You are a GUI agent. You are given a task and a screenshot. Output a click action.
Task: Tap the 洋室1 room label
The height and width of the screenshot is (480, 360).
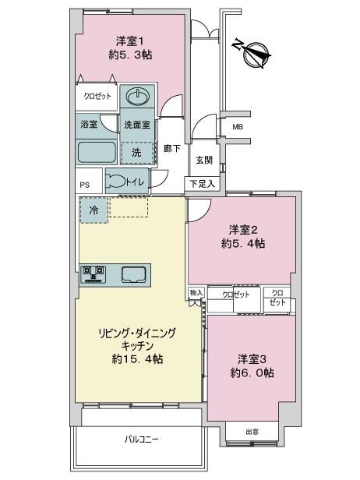(x=130, y=41)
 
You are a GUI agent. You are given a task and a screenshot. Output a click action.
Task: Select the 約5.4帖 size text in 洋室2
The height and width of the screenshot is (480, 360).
(x=243, y=244)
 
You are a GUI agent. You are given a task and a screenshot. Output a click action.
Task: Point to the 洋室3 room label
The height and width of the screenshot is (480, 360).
(x=252, y=359)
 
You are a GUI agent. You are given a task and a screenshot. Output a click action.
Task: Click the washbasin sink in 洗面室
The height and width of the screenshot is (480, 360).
(x=138, y=97)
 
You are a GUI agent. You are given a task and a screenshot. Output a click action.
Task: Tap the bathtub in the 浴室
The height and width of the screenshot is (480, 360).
(x=97, y=153)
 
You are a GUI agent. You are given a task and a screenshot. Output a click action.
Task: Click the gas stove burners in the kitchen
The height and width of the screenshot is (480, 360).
(x=94, y=274)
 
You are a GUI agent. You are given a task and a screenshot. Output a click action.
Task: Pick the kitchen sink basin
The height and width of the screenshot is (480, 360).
(x=134, y=274)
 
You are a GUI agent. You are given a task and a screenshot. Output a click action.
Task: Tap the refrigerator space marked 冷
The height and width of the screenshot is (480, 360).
(x=94, y=210)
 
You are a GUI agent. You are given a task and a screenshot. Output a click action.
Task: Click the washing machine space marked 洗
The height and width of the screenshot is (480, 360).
(x=137, y=152)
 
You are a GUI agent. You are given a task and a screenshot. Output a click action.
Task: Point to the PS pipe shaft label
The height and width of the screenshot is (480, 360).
(x=85, y=185)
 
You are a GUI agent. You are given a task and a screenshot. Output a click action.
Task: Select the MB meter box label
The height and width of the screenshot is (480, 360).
(x=238, y=126)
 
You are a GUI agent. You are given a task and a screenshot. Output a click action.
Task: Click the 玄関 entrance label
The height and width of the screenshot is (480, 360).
(x=204, y=160)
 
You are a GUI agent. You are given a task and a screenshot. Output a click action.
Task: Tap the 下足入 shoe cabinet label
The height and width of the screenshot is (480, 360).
(x=202, y=184)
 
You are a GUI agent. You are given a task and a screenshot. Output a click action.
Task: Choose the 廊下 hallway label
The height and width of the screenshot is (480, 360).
(x=172, y=149)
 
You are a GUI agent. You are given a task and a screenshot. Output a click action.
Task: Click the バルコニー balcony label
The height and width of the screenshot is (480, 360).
(x=142, y=439)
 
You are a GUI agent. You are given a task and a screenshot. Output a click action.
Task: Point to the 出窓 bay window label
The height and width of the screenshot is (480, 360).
(x=252, y=432)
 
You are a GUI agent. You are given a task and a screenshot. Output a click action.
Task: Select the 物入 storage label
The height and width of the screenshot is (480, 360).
(x=196, y=293)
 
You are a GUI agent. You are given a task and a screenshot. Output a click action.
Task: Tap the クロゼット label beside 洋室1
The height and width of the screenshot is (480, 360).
(x=97, y=96)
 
